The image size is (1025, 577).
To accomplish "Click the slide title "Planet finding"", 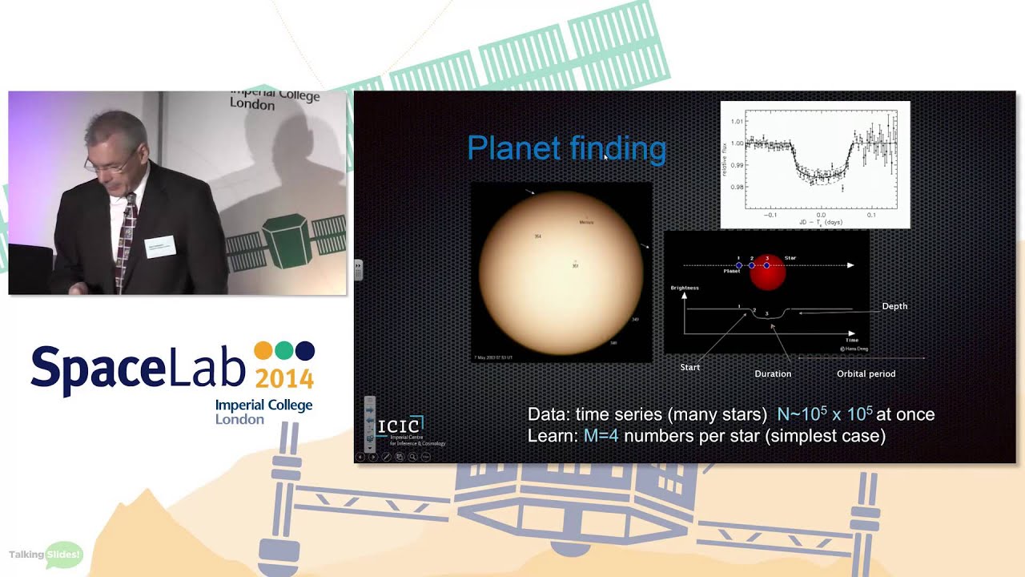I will pyautogui.click(x=566, y=149).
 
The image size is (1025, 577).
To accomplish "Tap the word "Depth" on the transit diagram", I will pyautogui.click(x=894, y=306).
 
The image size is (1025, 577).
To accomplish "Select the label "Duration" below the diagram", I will pyautogui.click(x=773, y=373).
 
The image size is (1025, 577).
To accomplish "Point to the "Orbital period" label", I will pyautogui.click(x=866, y=373).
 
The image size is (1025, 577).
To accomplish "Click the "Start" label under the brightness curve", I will pyautogui.click(x=689, y=367).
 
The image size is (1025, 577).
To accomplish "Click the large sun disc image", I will pyautogui.click(x=561, y=272).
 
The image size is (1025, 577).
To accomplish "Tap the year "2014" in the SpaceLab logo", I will pyautogui.click(x=283, y=378).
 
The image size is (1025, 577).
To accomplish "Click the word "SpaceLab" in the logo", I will pyautogui.click(x=138, y=369).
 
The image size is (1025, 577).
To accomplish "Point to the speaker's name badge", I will pyautogui.click(x=160, y=246).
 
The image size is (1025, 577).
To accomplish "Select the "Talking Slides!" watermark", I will pyautogui.click(x=46, y=555).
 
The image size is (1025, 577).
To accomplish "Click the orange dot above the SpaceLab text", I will pyautogui.click(x=263, y=351).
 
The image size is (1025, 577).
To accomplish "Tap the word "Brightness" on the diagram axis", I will pyautogui.click(x=685, y=288).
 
